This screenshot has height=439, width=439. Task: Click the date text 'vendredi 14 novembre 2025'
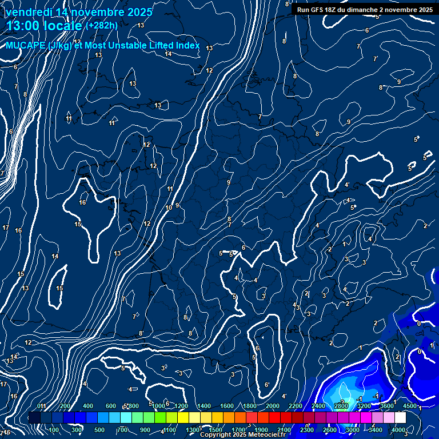[x=79, y=12]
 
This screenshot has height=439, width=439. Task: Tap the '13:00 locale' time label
[x=44, y=25]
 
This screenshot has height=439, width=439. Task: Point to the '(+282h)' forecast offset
[x=102, y=25]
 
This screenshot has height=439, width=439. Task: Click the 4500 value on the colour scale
[x=410, y=406]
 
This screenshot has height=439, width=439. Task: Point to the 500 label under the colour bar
[x=99, y=430]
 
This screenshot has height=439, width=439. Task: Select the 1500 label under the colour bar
[x=215, y=430]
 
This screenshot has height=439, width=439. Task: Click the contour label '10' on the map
[x=168, y=207]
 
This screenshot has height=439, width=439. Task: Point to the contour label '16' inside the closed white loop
[x=82, y=202]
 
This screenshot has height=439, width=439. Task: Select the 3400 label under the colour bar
[x=376, y=430]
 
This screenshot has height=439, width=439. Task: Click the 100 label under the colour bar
[x=54, y=430]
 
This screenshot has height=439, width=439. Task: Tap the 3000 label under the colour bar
[x=353, y=430]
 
